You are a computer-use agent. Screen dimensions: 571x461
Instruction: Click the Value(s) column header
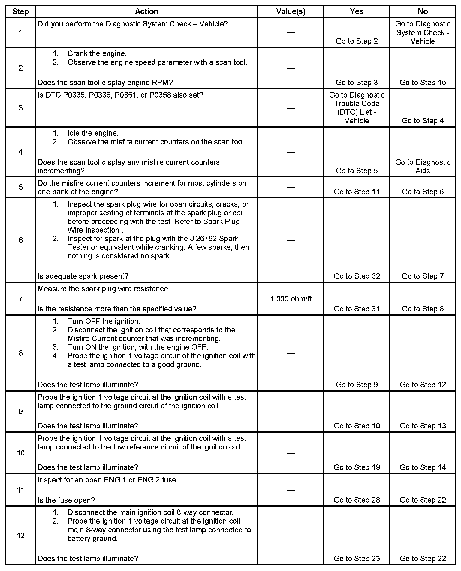pyautogui.click(x=291, y=11)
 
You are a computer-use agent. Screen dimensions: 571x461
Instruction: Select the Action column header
pyautogui.click(x=146, y=11)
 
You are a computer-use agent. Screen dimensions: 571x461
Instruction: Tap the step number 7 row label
pyautogui.click(x=20, y=298)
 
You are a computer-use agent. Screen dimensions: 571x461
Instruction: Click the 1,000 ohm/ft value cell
pyautogui.click(x=291, y=299)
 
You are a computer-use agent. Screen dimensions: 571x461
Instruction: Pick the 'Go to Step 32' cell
pyautogui.click(x=357, y=276)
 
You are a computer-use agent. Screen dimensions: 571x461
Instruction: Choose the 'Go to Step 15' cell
pyautogui.click(x=423, y=83)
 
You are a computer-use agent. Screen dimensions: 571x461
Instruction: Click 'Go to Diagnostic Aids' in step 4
pyautogui.click(x=423, y=166)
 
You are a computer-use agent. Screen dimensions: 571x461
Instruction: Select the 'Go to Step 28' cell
pyautogui.click(x=357, y=500)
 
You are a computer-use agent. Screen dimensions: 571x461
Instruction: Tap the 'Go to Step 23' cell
pyautogui.click(x=357, y=558)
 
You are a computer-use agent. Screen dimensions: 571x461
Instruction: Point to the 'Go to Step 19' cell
pyautogui.click(x=357, y=467)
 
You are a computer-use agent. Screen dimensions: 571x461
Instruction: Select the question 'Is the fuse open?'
pyautogui.click(x=66, y=500)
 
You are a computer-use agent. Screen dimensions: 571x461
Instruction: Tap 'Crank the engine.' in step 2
pyautogui.click(x=97, y=54)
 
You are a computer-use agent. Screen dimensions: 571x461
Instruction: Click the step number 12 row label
pyautogui.click(x=20, y=535)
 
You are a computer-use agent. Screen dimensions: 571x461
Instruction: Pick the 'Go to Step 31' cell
pyautogui.click(x=357, y=309)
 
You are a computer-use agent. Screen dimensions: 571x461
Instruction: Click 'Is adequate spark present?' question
pyautogui.click(x=83, y=276)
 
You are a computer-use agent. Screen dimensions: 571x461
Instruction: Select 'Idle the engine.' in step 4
pyautogui.click(x=93, y=133)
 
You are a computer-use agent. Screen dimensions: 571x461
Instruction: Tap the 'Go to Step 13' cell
pyautogui.click(x=423, y=426)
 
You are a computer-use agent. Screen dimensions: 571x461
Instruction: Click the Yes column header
pyautogui.click(x=357, y=11)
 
